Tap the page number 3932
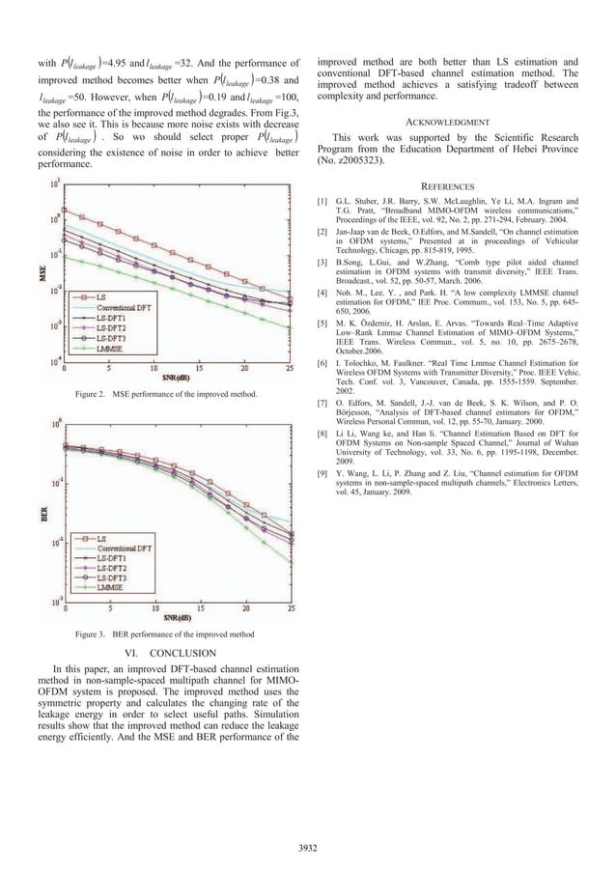(x=308, y=849)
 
